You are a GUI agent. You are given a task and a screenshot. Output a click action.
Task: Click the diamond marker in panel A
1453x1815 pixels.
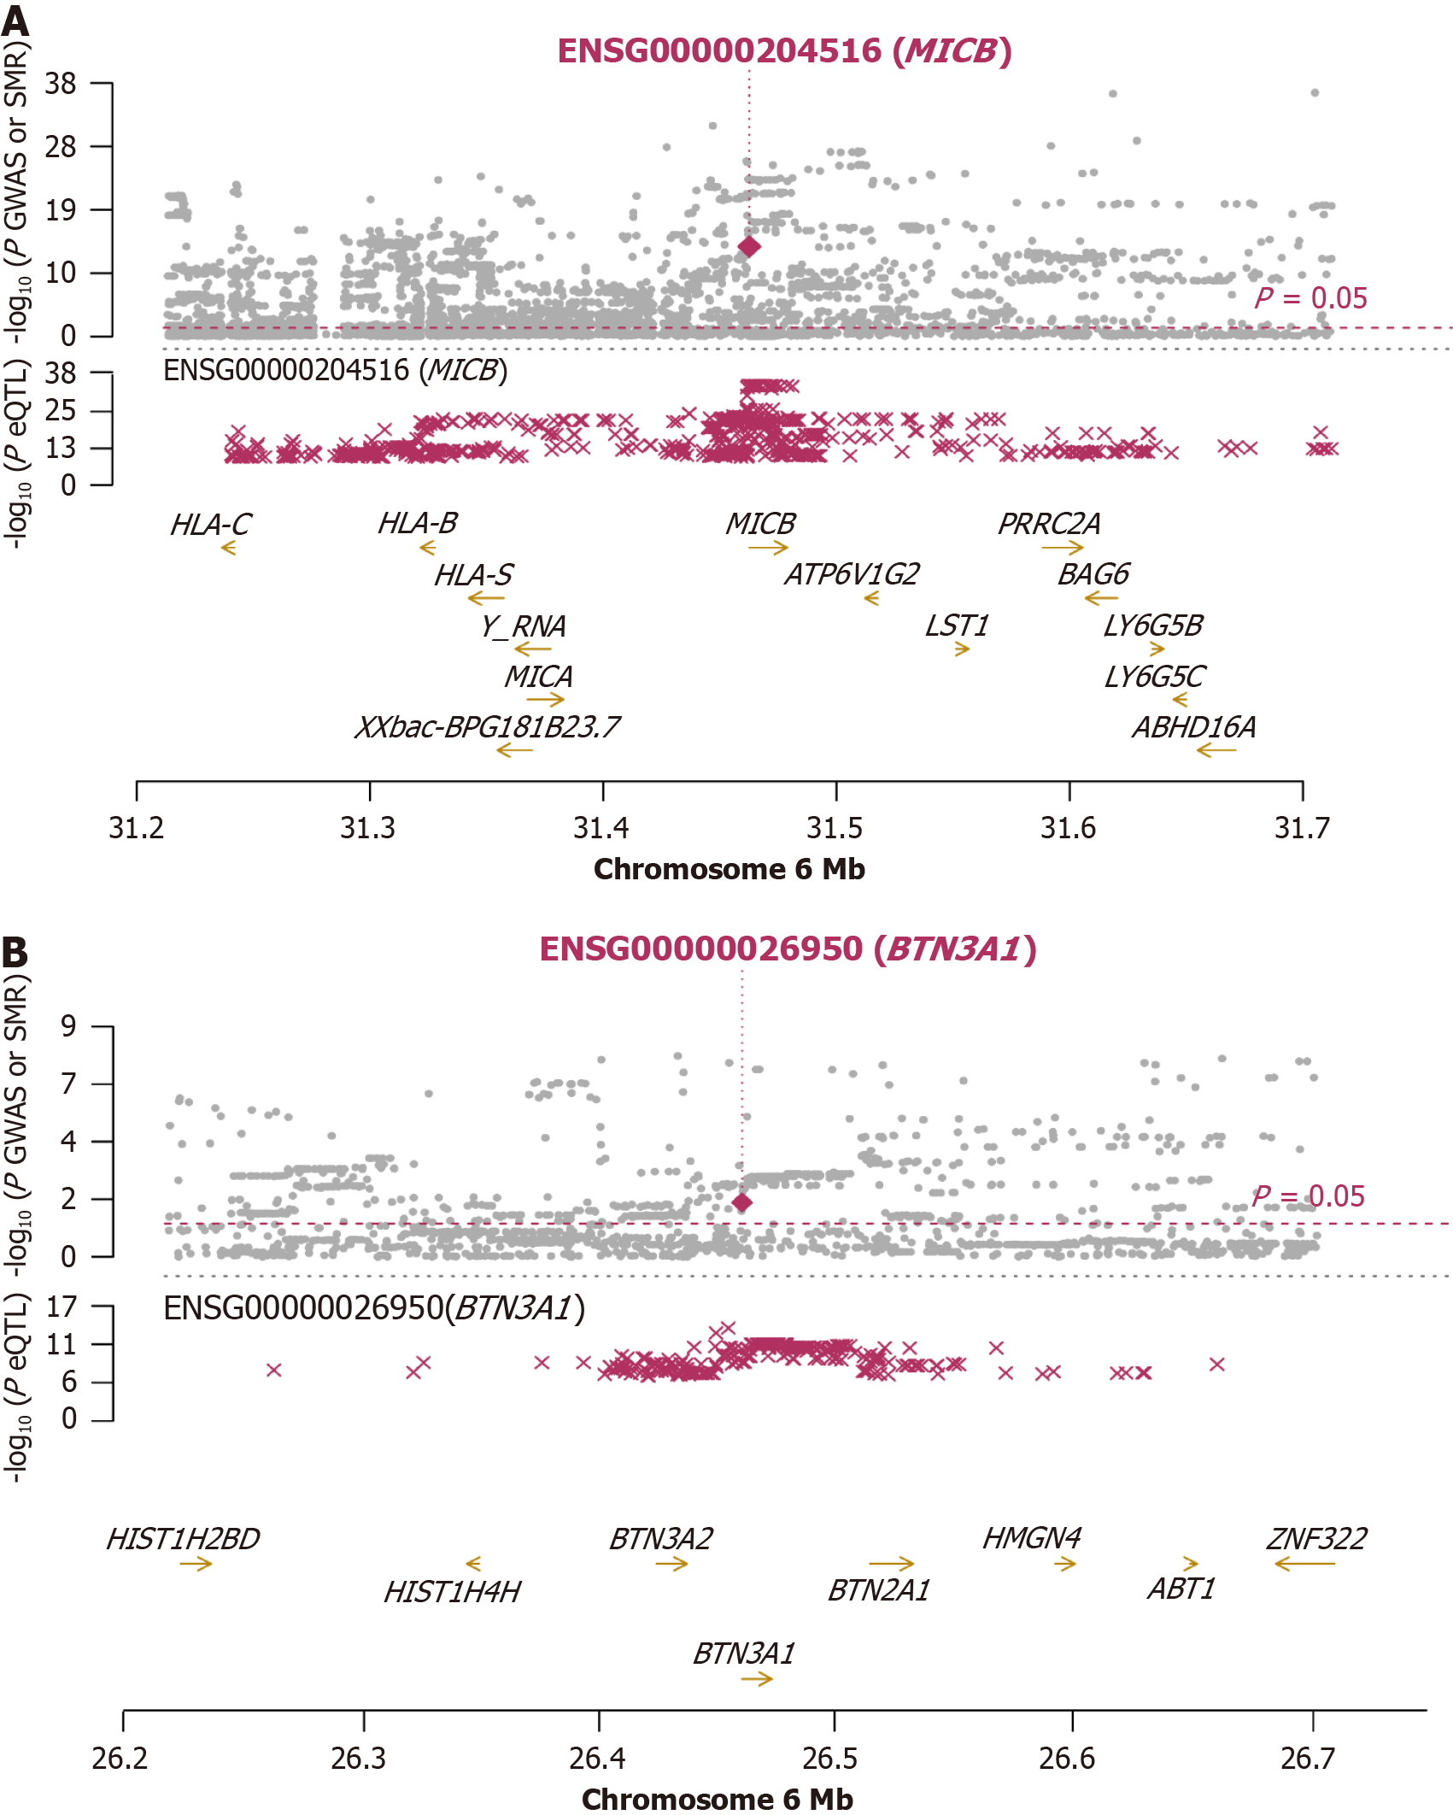coord(749,247)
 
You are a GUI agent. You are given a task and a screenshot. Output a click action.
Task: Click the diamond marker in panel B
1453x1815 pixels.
coord(742,1202)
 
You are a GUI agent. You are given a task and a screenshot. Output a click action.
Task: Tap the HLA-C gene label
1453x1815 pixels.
coord(210,525)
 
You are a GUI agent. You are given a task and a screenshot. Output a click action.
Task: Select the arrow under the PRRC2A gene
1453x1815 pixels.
coord(1063,548)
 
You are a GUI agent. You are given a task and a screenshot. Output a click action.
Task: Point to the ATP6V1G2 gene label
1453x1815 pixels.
coord(852,574)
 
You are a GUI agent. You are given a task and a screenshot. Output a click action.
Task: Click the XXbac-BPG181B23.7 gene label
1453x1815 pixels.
coord(487,727)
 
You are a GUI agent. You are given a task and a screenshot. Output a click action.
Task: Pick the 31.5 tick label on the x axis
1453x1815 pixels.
coord(835,828)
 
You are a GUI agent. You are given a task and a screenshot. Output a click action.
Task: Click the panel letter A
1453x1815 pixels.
coord(15,21)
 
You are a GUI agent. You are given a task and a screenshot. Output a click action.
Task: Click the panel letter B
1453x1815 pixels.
coord(15,953)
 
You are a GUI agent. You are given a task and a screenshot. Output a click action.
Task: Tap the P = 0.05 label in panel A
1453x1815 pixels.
coord(1310,298)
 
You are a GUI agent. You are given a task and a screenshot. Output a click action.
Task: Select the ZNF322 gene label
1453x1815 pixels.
coord(1315,1539)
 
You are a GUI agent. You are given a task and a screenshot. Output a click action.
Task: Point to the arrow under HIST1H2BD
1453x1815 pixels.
coord(196,1564)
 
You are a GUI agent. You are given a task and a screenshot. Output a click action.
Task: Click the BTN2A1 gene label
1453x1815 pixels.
coord(878,1591)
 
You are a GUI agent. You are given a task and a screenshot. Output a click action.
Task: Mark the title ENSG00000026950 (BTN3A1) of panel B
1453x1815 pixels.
coord(788,949)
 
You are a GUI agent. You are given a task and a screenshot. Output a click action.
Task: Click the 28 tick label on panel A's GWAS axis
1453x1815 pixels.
coord(61,147)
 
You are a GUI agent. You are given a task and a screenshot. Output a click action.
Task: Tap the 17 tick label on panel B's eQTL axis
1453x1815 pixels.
coord(62,1307)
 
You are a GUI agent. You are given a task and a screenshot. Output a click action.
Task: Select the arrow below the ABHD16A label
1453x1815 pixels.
coord(1216,751)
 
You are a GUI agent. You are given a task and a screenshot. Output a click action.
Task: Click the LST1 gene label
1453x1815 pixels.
coord(957,626)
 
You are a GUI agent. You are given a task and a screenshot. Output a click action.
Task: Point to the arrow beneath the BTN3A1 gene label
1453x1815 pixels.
coord(757,1679)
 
